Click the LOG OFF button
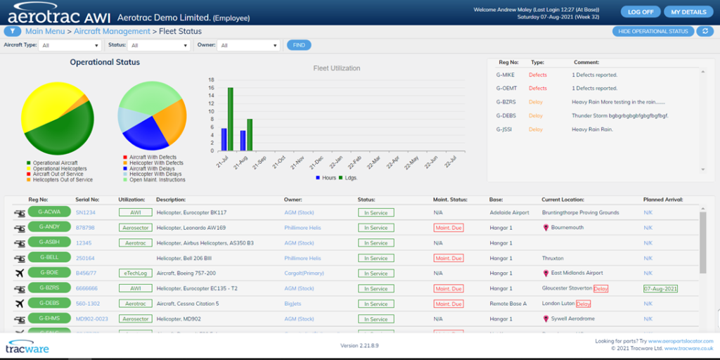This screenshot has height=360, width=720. click(641, 12)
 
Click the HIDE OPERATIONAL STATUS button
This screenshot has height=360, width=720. click(652, 32)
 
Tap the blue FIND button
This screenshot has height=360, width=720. click(299, 45)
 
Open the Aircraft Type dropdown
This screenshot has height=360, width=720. click(70, 46)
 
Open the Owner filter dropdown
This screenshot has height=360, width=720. click(248, 46)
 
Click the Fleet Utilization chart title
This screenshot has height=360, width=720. click(336, 68)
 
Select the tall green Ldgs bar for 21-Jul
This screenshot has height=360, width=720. click(230, 119)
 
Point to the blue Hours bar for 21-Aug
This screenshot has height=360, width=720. click(243, 140)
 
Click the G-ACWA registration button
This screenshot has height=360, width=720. click(50, 212)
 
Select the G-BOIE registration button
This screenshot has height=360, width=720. click(50, 273)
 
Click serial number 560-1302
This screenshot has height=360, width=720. click(88, 304)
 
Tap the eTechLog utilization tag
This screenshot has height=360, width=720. click(136, 273)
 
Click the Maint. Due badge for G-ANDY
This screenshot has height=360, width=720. click(448, 227)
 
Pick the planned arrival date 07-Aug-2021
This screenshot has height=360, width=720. click(661, 288)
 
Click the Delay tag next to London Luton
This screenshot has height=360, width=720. click(584, 304)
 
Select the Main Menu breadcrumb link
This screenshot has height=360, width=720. click(45, 32)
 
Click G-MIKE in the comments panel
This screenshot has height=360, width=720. click(506, 75)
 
